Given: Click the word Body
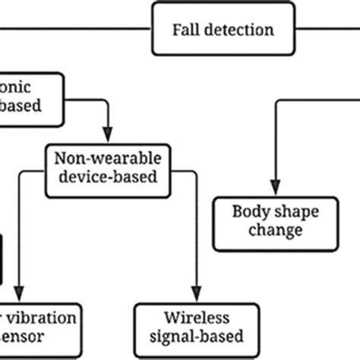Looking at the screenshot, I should pyautogui.click(x=251, y=210).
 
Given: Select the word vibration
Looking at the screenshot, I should pyautogui.click(x=44, y=316).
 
